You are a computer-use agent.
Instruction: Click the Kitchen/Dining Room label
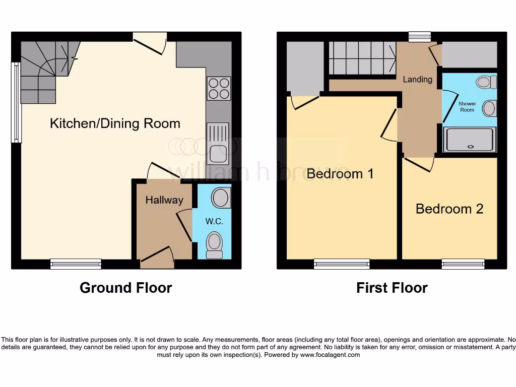click(115, 123)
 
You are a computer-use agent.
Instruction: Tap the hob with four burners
click(219, 88)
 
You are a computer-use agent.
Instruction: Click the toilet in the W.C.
click(215, 244)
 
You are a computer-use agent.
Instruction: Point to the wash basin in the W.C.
click(221, 198)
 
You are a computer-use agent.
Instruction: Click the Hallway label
click(164, 200)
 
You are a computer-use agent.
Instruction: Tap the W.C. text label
click(214, 222)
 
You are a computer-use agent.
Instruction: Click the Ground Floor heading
click(125, 288)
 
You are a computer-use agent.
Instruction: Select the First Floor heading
click(392, 288)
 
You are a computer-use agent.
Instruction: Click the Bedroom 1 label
click(340, 174)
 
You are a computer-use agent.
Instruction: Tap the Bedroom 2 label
click(449, 209)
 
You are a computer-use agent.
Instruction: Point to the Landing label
click(417, 79)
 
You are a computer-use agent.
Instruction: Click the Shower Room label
click(467, 107)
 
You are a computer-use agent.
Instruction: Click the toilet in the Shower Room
click(486, 82)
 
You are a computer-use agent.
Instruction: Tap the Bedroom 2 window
click(463, 264)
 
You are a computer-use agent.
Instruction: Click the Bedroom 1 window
click(341, 264)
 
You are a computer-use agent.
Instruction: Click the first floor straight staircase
click(362, 58)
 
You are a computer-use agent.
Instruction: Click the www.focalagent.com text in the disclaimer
click(330, 355)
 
